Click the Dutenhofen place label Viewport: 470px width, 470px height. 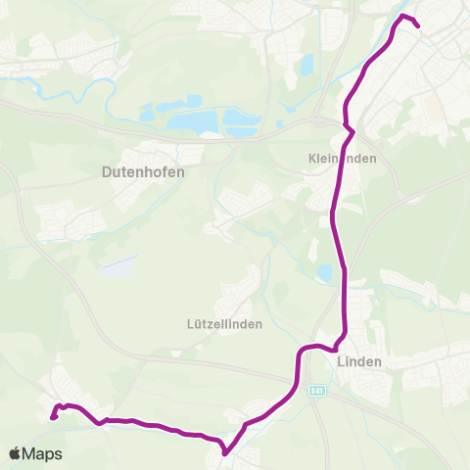143,170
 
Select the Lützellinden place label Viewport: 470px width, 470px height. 224,325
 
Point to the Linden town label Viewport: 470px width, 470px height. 358,361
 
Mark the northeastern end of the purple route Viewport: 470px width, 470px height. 418,25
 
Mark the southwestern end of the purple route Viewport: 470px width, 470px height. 53,416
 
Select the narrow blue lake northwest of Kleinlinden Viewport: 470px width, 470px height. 306,67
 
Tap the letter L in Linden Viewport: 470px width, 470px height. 340,361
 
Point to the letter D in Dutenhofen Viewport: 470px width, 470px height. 106,170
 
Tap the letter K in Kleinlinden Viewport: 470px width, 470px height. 311,158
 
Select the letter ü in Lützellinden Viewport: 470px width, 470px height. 197,325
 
